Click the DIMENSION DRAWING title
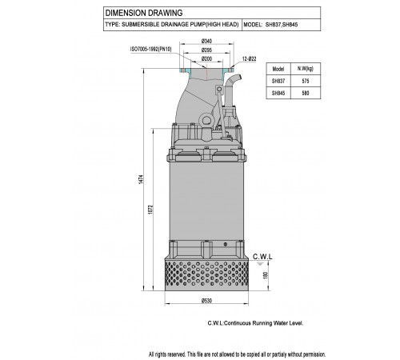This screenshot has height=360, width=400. tap(144, 13)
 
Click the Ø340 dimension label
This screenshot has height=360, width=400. tap(206, 41)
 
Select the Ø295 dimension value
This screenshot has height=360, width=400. tap(206, 50)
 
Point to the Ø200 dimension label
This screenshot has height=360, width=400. tap(206, 58)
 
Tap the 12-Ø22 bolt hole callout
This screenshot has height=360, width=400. tap(249, 59)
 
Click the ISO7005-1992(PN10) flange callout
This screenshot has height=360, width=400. tap(150, 50)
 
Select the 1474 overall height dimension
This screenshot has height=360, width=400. tap(141, 179)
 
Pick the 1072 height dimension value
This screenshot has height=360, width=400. tap(150, 210)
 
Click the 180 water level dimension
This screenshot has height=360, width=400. tap(266, 275)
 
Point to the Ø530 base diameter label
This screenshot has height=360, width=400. tap(206, 301)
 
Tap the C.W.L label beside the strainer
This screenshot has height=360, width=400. tap(262, 257)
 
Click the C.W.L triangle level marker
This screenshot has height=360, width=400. tap(260, 264)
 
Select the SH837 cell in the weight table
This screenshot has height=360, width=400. tap(278, 81)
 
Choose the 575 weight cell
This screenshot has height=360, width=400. tap(306, 81)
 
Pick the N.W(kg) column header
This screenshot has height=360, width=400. tap(306, 69)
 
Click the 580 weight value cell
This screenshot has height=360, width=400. tap(306, 93)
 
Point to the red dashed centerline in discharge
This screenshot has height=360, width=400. tap(206, 72)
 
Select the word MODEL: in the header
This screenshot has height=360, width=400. tap(253, 25)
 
